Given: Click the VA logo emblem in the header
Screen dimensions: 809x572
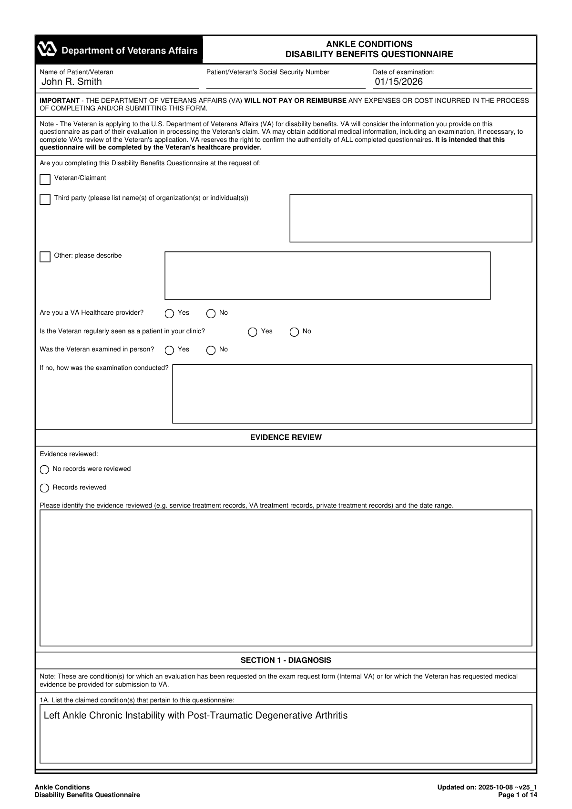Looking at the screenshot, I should tap(47, 50).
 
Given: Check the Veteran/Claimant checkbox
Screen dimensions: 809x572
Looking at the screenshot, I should tap(45, 180).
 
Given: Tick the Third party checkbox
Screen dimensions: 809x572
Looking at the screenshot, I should tap(45, 199).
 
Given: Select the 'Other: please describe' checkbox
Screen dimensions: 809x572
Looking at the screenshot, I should tap(45, 257).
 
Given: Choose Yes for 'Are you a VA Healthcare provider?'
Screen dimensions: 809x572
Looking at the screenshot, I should tap(169, 314).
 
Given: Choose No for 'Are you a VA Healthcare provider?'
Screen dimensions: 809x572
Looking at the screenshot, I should tap(211, 314).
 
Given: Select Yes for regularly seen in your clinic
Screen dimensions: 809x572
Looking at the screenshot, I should tap(253, 332).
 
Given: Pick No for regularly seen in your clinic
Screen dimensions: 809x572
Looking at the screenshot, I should tap(294, 332).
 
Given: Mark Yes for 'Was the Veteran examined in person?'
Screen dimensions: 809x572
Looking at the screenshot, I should tap(169, 350).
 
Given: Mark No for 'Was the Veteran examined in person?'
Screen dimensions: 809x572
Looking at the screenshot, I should tap(211, 350).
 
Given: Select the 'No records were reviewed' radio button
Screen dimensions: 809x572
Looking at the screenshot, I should tap(44, 470).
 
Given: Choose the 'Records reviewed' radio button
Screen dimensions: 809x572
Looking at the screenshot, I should tap(44, 488).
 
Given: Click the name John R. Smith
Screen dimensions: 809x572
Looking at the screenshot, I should tap(71, 82).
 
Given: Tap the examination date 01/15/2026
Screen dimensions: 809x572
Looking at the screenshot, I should tap(398, 82).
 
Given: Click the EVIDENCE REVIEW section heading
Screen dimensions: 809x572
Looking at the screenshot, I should tap(286, 438).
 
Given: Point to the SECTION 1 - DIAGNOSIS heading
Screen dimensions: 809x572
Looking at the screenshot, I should tap(286, 660).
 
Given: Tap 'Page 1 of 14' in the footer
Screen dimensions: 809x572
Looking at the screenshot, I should tap(517, 795).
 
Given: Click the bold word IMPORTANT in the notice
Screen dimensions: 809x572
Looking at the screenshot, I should tap(60, 101).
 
